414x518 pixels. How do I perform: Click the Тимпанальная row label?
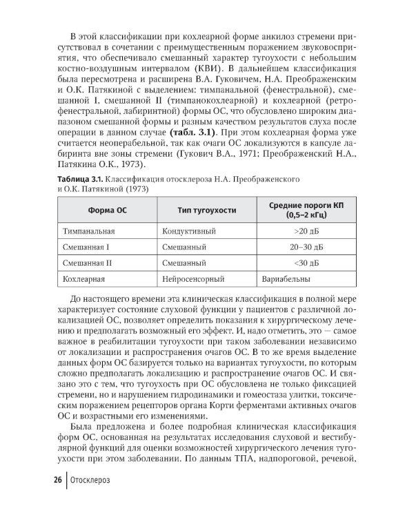pyautogui.click(x=89, y=230)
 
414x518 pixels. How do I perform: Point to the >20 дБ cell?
pyautogui.click(x=305, y=230)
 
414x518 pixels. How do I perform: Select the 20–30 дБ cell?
pyautogui.click(x=305, y=247)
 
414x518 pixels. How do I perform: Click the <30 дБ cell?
pyautogui.click(x=305, y=263)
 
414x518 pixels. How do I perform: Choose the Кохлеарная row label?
pyautogui.click(x=84, y=280)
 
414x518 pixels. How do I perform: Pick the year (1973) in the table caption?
pyautogui.click(x=133, y=189)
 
